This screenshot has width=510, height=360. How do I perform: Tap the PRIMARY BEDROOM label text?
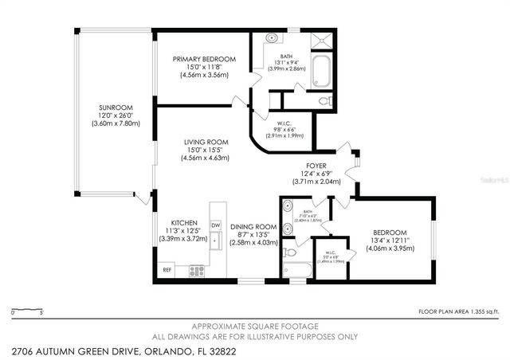(x=206, y=59)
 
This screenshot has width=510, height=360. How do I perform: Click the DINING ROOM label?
(x=254, y=227)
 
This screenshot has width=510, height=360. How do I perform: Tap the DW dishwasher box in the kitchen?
(x=215, y=226)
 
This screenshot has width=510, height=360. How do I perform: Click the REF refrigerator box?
(x=167, y=270)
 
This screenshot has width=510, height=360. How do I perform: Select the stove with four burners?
(x=197, y=270)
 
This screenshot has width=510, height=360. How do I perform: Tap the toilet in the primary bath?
(x=323, y=101)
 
